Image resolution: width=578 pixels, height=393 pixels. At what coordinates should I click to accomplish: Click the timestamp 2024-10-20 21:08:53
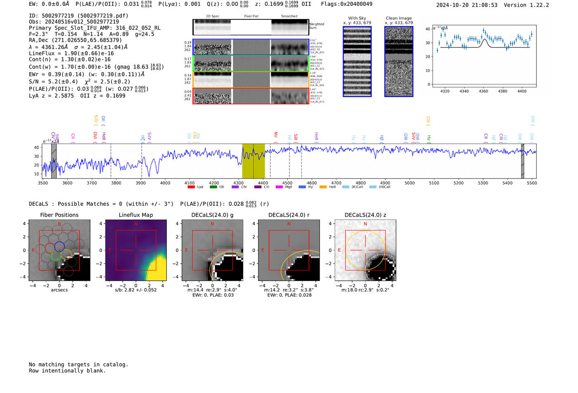pyautogui.click(x=467, y=5)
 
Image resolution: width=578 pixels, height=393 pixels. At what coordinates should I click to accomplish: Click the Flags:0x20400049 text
pyautogui.click(x=346, y=4)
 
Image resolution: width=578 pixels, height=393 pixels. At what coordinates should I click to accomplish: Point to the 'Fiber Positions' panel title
pyautogui.click(x=59, y=215)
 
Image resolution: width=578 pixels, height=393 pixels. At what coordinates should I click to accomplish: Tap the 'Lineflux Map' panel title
pyautogui.click(x=136, y=215)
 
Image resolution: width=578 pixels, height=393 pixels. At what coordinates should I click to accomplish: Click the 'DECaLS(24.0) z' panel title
pyautogui.click(x=365, y=215)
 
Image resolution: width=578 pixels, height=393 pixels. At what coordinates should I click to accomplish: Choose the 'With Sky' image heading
pyautogui.click(x=357, y=18)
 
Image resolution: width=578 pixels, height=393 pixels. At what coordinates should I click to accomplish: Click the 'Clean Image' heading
pyautogui.click(x=398, y=18)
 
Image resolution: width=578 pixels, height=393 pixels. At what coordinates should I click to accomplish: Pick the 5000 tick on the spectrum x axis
pyautogui.click(x=410, y=183)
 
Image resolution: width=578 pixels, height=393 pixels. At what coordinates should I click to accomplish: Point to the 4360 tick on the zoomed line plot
pyautogui.click(x=483, y=91)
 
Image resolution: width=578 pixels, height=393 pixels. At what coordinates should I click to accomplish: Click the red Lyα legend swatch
pyautogui.click(x=191, y=187)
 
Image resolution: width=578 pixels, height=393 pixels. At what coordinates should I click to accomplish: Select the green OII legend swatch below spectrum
pyautogui.click(x=213, y=187)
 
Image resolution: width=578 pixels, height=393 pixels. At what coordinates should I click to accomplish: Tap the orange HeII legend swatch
pyautogui.click(x=323, y=187)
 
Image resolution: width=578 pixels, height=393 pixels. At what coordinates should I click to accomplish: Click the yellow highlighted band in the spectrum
pyautogui.click(x=253, y=161)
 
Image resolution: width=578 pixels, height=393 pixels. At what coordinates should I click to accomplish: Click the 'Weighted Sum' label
pyautogui.click(x=317, y=26)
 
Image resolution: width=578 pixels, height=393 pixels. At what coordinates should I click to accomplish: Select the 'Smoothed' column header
pyautogui.click(x=289, y=16)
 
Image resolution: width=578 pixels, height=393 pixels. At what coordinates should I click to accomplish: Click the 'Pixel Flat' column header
pyautogui.click(x=251, y=16)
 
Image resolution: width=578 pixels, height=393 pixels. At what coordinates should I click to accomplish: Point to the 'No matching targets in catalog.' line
pyautogui.click(x=78, y=365)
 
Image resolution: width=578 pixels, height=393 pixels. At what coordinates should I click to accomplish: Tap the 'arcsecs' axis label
pyautogui.click(x=59, y=290)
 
